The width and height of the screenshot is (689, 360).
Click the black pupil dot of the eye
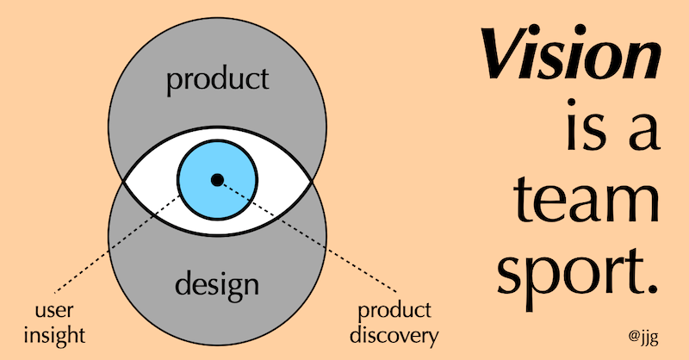[217, 179]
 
